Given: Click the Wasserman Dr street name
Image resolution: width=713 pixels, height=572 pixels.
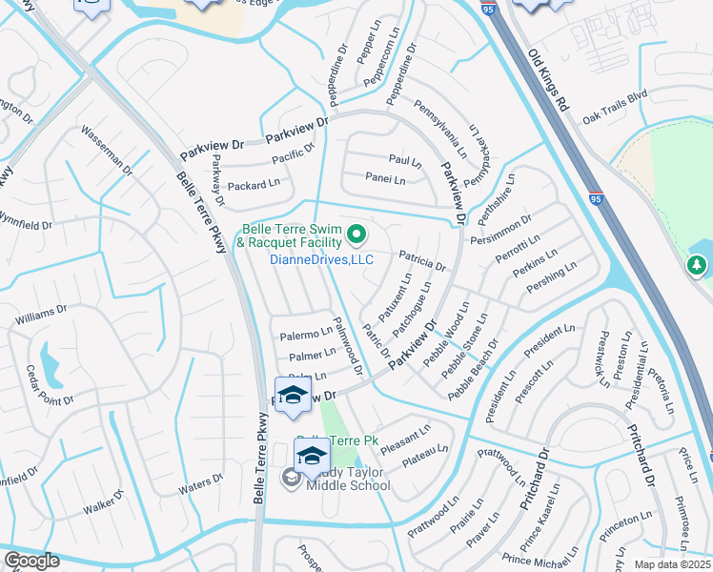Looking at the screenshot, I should tap(106, 152).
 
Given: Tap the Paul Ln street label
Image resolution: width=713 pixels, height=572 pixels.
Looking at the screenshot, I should tap(404, 160).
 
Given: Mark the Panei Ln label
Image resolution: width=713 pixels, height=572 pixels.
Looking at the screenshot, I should tap(385, 178).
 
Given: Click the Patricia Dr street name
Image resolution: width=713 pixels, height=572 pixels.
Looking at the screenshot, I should tap(422, 261).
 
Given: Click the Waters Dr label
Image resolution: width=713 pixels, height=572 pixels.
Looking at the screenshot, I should tap(200, 484).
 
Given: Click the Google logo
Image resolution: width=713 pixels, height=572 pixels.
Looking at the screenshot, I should tap(31, 561).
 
